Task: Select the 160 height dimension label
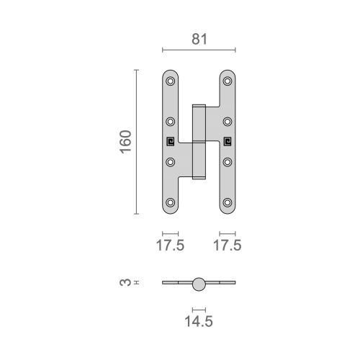tap(125, 143)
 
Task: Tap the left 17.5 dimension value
tap(171, 246)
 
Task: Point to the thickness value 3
tap(125, 284)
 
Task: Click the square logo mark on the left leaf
tap(171, 142)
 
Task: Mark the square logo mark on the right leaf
tap(227, 142)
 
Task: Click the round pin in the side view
tap(199, 284)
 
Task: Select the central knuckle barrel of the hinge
tap(199, 142)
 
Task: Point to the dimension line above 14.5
tap(199, 309)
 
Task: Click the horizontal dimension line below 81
tap(199, 50)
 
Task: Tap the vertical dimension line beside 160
tap(135, 142)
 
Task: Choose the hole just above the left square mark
tap(171, 122)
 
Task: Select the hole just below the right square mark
tap(227, 162)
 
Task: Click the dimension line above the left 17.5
tap(171, 233)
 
